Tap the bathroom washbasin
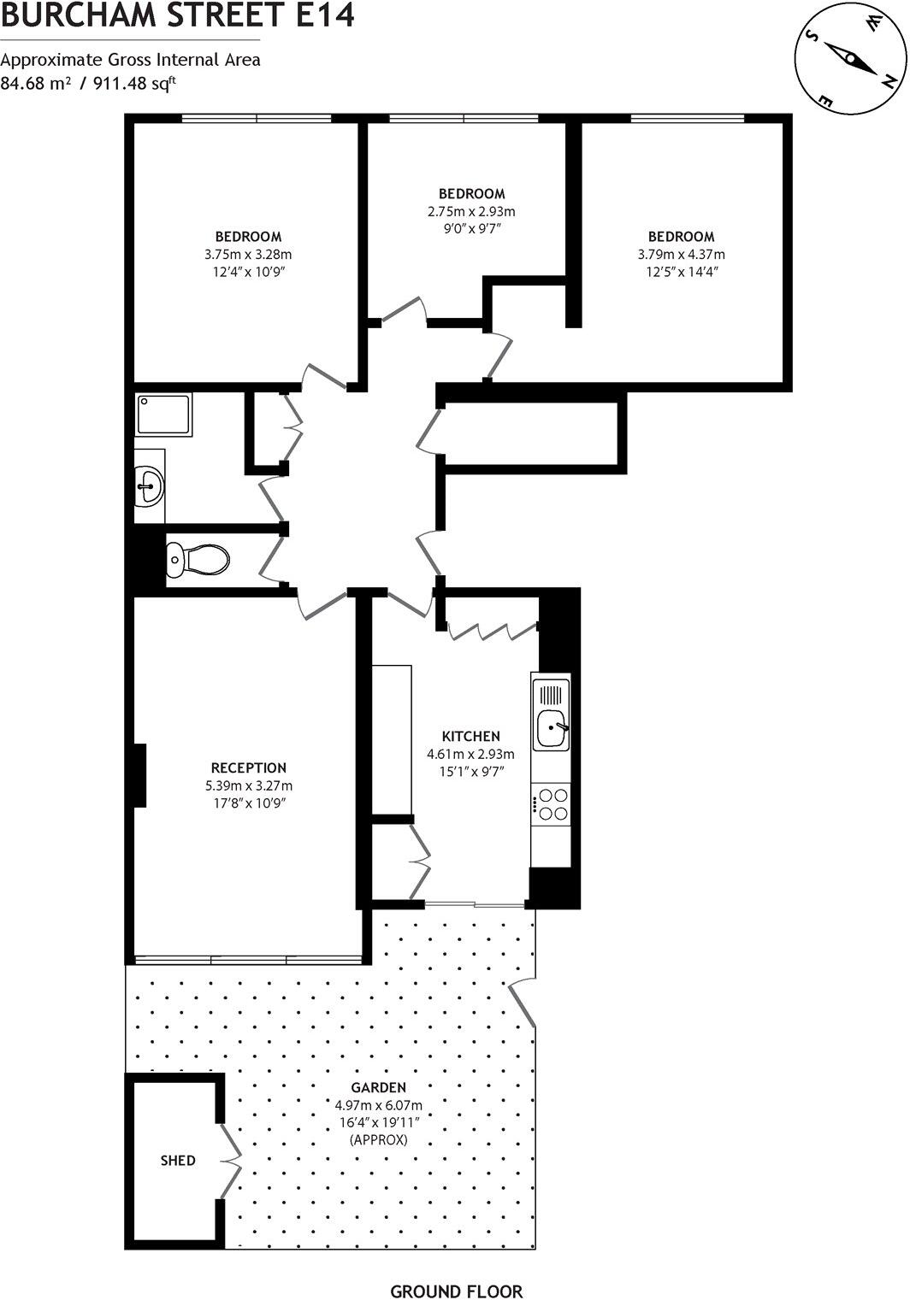[150, 486]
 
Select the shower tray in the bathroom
[163, 415]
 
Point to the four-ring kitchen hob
[552, 803]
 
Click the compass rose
[850, 59]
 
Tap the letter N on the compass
[889, 82]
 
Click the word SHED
[178, 1161]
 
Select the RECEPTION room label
[249, 768]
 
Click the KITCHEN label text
[470, 736]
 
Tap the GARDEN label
[379, 1088]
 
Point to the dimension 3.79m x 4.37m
[681, 255]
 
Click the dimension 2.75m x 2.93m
[471, 211]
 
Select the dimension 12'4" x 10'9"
[248, 273]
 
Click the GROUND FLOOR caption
[456, 1291]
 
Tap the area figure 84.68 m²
[35, 84]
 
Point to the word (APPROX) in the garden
[379, 1140]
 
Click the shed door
[228, 1160]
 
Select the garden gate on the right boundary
[523, 1003]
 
